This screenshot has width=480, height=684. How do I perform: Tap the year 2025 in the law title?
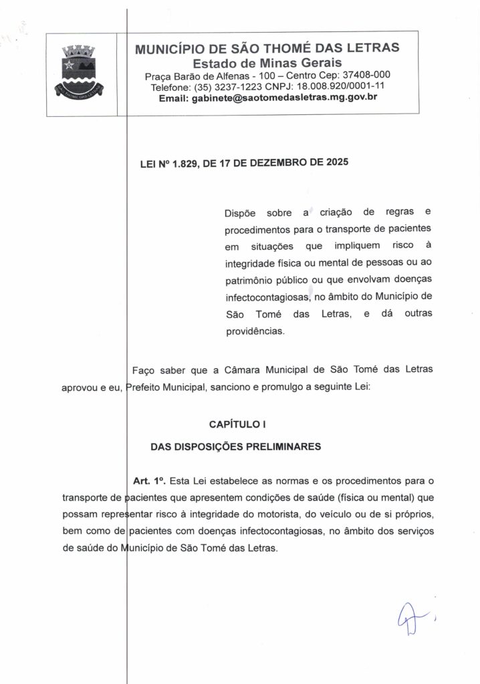point(336,162)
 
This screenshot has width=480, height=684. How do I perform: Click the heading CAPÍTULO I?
point(238,423)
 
